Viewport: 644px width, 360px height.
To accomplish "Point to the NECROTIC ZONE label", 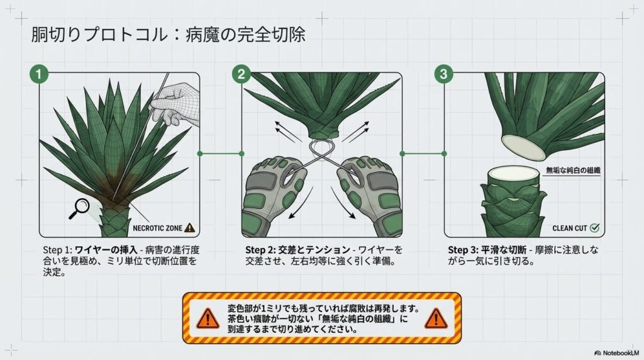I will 158,228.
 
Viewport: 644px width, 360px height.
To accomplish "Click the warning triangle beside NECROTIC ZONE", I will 189,228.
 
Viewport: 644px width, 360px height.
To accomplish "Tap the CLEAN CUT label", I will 570,228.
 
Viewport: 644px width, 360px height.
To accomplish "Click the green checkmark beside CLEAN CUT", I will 594,228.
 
